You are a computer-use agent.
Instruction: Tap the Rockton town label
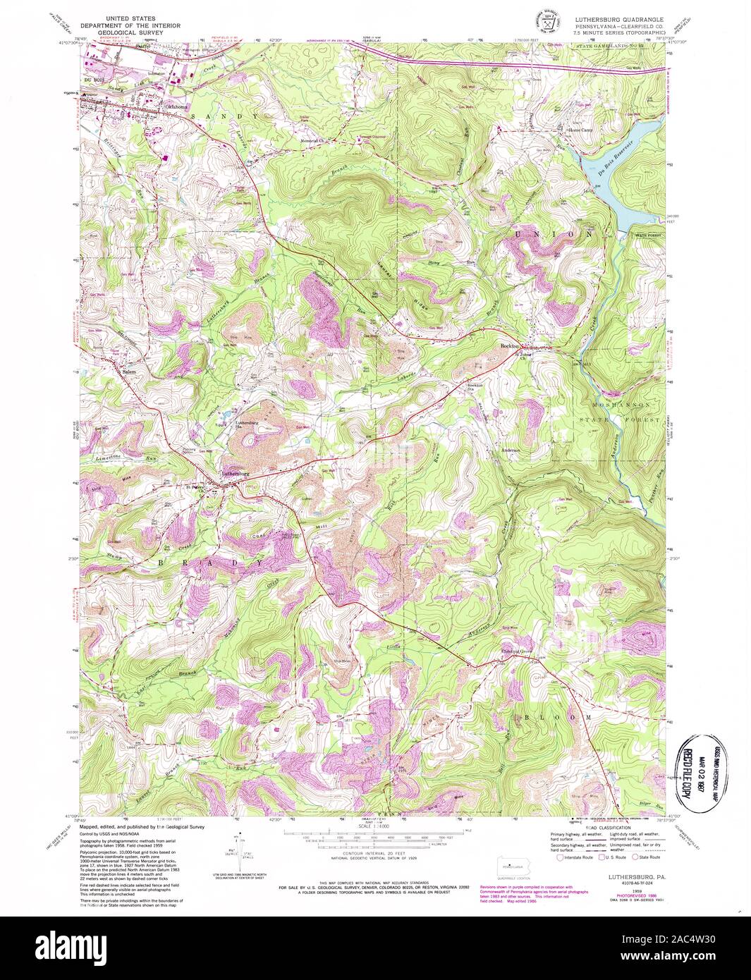pos(509,346)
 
